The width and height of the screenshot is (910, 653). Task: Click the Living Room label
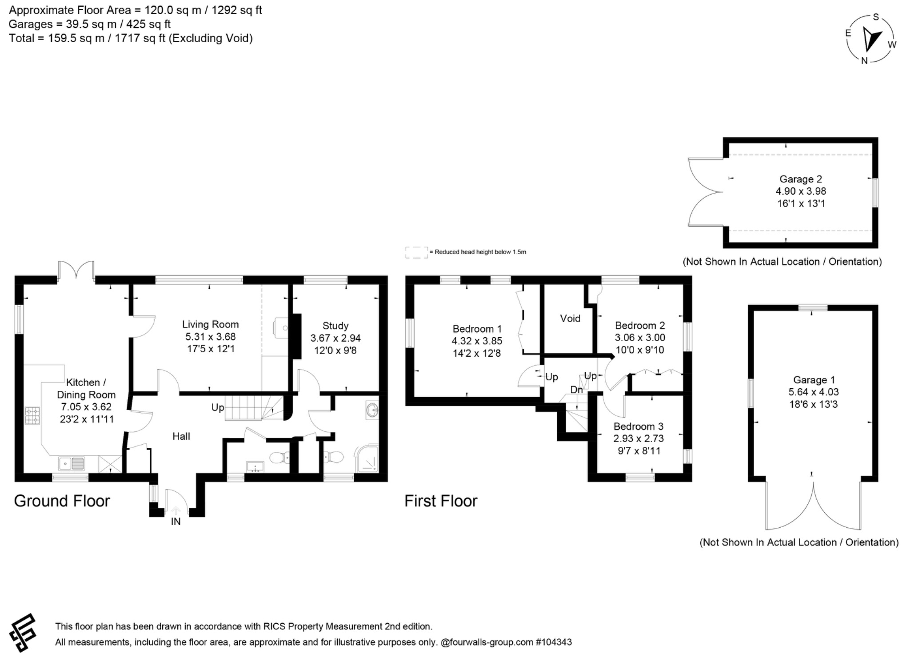coord(210,324)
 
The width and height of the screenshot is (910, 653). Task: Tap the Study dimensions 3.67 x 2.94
coord(335,338)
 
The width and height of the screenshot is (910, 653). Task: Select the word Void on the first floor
coord(570,319)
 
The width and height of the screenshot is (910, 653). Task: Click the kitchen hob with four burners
coord(32,415)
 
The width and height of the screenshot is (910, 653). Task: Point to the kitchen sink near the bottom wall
coord(72,464)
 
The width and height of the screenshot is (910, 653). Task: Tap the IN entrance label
coord(176,522)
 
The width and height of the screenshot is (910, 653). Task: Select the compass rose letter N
coord(864,61)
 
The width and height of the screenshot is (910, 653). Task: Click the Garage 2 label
coord(801,179)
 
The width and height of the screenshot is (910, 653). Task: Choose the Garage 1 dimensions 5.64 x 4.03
coord(813,392)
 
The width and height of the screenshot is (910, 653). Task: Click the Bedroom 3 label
coord(638,426)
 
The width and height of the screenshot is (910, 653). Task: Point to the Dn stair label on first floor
coord(576,390)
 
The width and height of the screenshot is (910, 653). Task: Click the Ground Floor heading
coord(62,501)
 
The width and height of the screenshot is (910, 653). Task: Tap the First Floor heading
coord(441,501)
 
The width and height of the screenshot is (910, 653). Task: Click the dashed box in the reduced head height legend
coord(416,252)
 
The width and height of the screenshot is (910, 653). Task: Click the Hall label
coord(181,436)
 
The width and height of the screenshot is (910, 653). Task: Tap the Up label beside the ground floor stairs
coord(217,407)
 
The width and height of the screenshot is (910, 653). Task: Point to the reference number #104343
coord(554,642)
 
